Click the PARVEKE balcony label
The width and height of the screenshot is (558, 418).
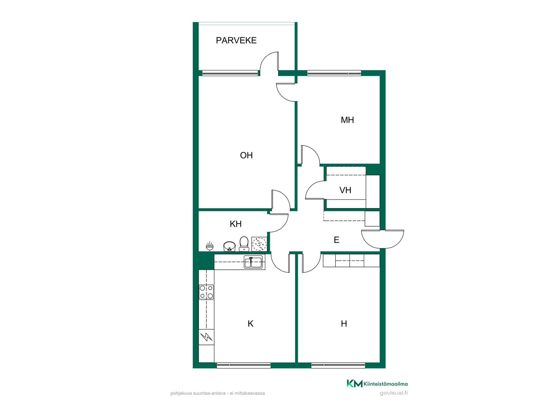(x=236, y=40)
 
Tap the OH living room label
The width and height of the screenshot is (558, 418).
(x=246, y=155)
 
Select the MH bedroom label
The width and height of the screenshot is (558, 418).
(x=347, y=120)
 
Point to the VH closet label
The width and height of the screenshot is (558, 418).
(x=345, y=190)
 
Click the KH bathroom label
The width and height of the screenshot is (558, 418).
(x=236, y=224)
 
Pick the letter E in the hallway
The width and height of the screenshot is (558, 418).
(x=337, y=240)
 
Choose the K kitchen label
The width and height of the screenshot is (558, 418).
(x=251, y=324)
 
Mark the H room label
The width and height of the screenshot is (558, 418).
(x=344, y=324)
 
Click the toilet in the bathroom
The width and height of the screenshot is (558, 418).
(x=244, y=244)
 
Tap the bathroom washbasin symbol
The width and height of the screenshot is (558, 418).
(x=229, y=246)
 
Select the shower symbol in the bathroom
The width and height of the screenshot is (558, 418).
(x=210, y=246)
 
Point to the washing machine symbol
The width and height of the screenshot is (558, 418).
(x=259, y=244)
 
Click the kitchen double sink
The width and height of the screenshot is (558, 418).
(x=253, y=262)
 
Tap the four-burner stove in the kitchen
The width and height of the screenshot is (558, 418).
(x=206, y=292)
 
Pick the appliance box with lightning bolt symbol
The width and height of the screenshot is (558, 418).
(x=206, y=337)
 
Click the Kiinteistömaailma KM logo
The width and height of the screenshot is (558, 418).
(x=355, y=383)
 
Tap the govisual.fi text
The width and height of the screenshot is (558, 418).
(x=394, y=393)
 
